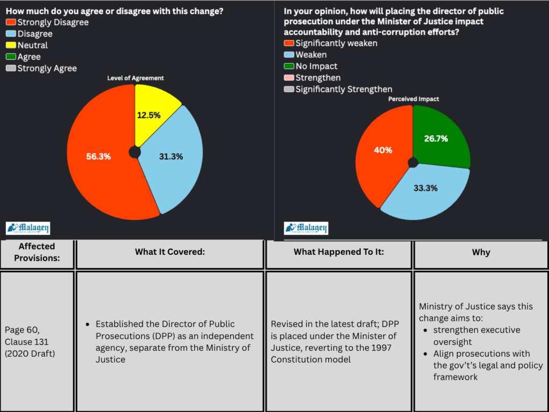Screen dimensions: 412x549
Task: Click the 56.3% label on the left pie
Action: coord(98,157)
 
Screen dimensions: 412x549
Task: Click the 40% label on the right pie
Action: coord(383,150)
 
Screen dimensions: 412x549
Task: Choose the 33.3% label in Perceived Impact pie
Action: coord(425,188)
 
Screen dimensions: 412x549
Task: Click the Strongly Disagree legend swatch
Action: coord(11,23)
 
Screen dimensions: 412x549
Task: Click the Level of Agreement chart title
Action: coord(135,78)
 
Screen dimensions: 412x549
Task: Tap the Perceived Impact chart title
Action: coord(413,99)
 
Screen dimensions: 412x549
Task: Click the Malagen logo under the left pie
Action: coord(28,228)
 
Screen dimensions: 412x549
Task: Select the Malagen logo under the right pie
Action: coord(306,228)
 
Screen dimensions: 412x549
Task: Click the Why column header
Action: coord(481,252)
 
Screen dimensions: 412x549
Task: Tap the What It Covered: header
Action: coord(170,252)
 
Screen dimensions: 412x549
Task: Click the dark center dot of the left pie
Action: coord(135,152)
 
